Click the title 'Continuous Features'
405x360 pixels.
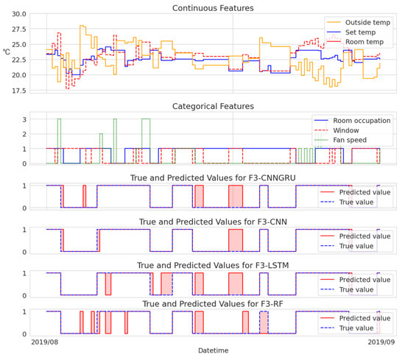[212, 8]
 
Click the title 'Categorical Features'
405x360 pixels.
[212, 106]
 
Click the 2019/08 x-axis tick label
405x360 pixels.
[46, 342]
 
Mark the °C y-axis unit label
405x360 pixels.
[7, 52]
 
